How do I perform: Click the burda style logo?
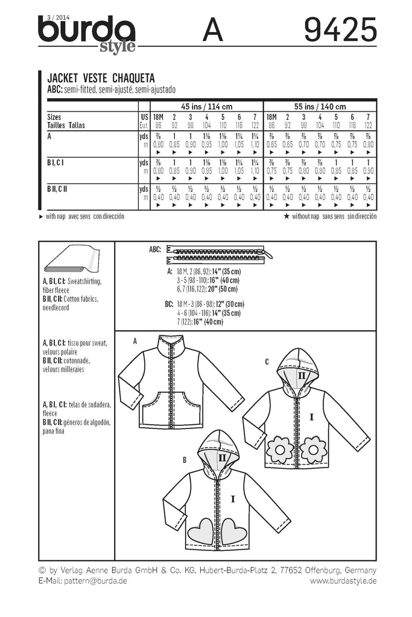[87, 33]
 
